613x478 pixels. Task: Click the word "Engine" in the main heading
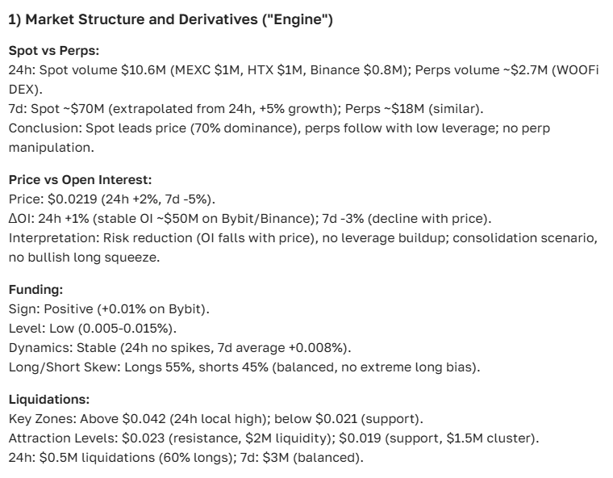[x=299, y=20]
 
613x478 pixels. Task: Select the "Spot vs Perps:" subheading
[x=53, y=50]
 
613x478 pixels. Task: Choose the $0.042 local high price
[x=143, y=418]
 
